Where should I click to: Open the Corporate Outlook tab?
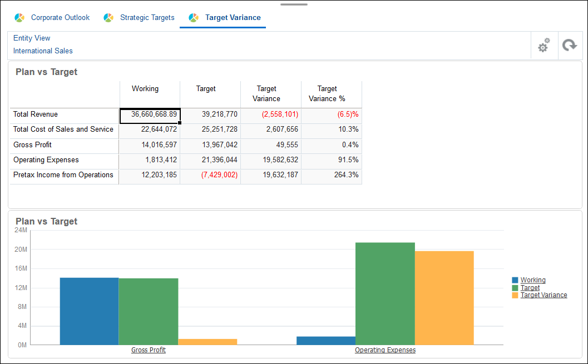(60, 18)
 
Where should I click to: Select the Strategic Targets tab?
(147, 18)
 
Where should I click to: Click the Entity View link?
(32, 38)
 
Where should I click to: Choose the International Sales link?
(43, 51)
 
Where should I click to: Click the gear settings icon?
(543, 46)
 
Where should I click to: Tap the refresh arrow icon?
(569, 46)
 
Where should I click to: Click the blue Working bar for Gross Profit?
(89, 311)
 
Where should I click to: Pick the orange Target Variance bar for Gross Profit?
(207, 342)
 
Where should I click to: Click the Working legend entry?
(532, 280)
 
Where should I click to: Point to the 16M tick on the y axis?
(21, 268)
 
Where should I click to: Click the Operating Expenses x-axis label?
(385, 350)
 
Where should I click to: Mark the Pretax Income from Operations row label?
(63, 175)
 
